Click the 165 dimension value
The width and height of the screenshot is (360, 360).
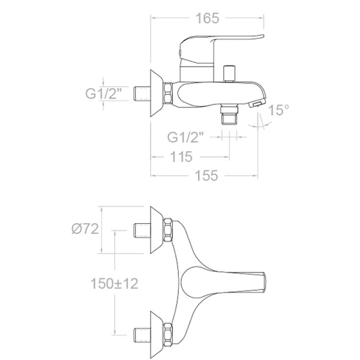point(208,19)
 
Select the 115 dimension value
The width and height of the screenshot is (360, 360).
point(181,157)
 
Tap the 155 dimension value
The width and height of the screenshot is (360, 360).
point(206,176)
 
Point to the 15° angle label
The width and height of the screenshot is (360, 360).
point(278,110)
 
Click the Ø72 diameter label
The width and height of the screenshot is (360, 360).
point(85,229)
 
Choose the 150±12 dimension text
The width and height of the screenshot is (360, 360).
point(115,284)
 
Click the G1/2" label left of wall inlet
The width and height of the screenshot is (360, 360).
point(103,93)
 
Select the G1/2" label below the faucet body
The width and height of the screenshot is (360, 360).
point(185,137)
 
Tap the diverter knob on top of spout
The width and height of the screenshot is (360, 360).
point(229,74)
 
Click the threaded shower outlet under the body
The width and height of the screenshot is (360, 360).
point(229,114)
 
